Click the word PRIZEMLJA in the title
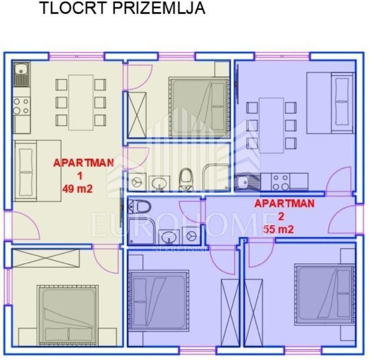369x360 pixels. pos(159,8)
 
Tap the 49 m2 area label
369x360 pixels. pos(77,189)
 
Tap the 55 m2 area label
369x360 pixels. pos(279,229)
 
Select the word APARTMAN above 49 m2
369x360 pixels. pos(84,163)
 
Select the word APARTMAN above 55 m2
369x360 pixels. pos(284,203)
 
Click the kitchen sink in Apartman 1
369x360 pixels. pos(21,74)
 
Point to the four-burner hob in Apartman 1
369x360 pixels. pos(21,106)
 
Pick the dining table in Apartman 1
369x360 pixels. pos(81,103)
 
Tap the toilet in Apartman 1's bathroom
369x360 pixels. pos(186,179)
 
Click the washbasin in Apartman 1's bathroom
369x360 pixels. pos(159,183)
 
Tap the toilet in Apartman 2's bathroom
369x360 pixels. pos(139,206)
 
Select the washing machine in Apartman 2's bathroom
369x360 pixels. pos(192,236)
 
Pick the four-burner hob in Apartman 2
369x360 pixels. pos(280,182)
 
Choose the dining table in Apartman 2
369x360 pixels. pos(271,125)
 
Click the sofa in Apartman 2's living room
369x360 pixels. pos(331,103)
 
